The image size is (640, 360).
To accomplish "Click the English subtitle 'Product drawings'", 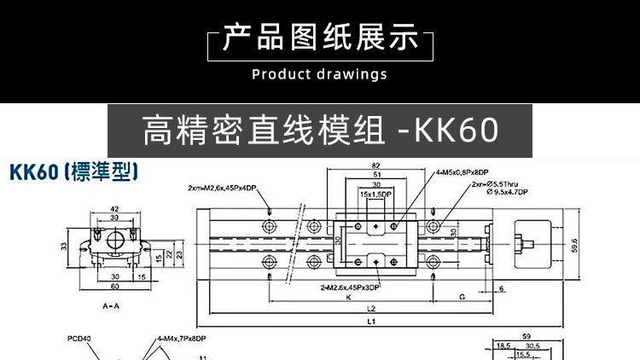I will [320, 74].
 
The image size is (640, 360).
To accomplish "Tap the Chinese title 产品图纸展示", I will [320, 38].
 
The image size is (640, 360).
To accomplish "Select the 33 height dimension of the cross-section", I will [63, 247].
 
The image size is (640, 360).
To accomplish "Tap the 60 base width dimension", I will [115, 288].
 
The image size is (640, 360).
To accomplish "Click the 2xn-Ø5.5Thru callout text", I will [488, 183].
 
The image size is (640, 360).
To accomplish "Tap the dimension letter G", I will [461, 298].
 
